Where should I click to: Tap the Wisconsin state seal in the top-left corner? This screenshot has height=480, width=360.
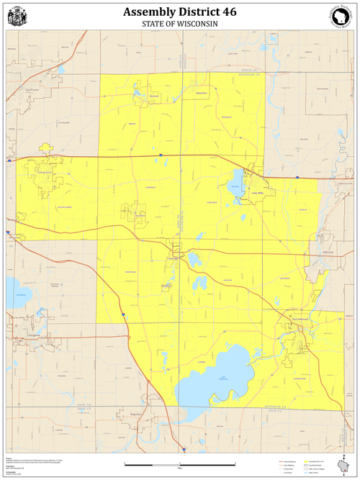pyautogui.click(x=17, y=15)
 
